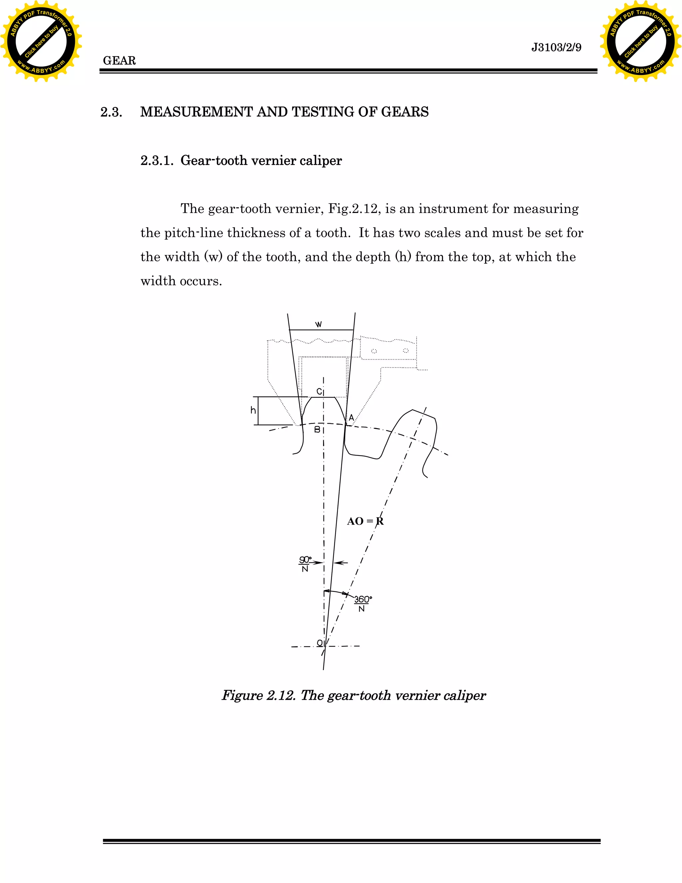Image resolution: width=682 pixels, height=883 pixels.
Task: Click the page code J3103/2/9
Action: tap(556, 48)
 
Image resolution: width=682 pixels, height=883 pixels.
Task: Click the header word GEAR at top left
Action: tap(119, 61)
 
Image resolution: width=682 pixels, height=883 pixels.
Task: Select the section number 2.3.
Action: tap(111, 112)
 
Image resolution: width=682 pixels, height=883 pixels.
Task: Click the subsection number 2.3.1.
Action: tap(157, 161)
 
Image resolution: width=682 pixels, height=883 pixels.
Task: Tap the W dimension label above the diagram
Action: tap(318, 324)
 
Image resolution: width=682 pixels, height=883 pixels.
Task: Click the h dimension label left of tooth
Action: tap(253, 411)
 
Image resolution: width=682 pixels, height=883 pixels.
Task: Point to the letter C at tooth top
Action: tap(319, 392)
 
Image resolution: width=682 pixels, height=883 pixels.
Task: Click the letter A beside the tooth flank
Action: tap(351, 418)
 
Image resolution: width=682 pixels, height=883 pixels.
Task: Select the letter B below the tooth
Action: tap(317, 430)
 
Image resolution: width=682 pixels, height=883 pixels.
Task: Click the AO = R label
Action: tap(365, 521)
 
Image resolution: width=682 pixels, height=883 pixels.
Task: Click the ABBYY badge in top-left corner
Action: tap(41, 41)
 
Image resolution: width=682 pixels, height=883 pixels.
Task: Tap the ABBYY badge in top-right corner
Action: tap(640, 41)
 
